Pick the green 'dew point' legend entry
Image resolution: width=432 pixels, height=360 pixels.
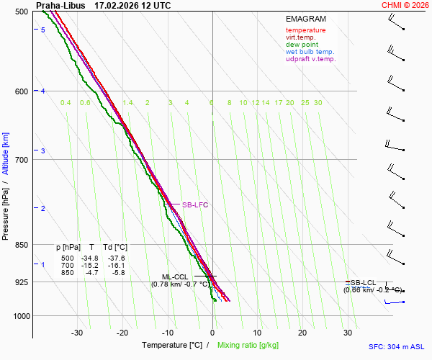pos(302,45)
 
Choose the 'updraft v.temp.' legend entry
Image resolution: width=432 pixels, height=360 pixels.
pos(310,59)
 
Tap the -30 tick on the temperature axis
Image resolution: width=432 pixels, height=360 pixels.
pos(77,333)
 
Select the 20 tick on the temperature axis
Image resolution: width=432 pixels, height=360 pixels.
pos(302,333)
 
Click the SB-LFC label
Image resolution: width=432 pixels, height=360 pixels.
pos(194,205)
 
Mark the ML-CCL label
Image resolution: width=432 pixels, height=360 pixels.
pos(174,276)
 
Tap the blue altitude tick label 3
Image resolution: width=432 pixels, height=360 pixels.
pos(43,150)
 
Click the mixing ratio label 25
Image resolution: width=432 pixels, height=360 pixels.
pos(305,103)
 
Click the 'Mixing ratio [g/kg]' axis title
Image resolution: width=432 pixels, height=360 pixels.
pos(250,346)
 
